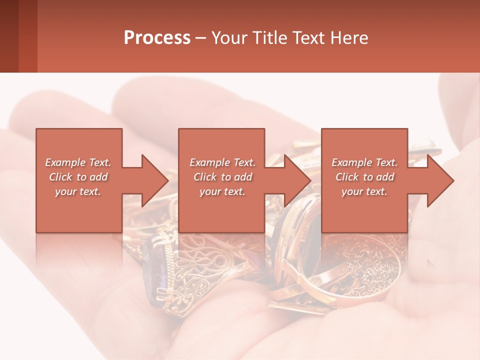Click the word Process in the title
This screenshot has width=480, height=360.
pyautogui.click(x=157, y=38)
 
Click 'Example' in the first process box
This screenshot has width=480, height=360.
pyautogui.click(x=65, y=162)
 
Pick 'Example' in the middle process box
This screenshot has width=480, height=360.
pyautogui.click(x=209, y=162)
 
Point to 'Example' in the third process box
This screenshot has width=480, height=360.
pyautogui.click(x=351, y=162)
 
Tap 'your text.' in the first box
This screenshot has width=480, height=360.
pyautogui.click(x=78, y=191)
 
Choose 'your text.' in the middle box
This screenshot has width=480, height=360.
pyautogui.click(x=222, y=191)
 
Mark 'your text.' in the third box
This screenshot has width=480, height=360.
pyautogui.click(x=364, y=191)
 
